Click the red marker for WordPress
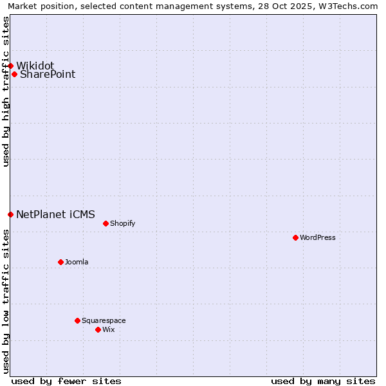click(x=295, y=237)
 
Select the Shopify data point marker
click(x=106, y=223)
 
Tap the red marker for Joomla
click(x=60, y=262)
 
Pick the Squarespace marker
click(x=77, y=320)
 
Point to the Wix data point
click(x=98, y=329)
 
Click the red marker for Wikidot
click(x=10, y=66)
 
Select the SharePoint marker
click(x=14, y=74)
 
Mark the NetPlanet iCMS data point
click(x=10, y=214)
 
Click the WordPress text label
click(x=318, y=237)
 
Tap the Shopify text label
click(x=122, y=223)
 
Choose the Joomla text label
click(x=77, y=262)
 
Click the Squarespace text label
click(x=104, y=320)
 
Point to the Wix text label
click(x=109, y=329)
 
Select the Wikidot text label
click(x=35, y=66)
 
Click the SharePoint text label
click(x=48, y=74)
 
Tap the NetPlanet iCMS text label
click(x=55, y=214)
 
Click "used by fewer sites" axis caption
click(x=66, y=381)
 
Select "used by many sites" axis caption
click(x=323, y=381)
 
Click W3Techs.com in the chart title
click(x=351, y=6)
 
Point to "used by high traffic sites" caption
click(x=6, y=91)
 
